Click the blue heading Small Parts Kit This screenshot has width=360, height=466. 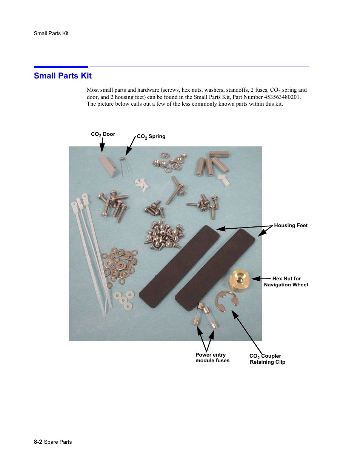tap(63, 76)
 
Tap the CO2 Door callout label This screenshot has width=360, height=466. tap(103, 134)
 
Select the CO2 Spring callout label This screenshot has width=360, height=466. tap(151, 137)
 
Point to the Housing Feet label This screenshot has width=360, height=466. tap(291, 226)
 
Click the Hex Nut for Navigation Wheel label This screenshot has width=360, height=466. tap(286, 282)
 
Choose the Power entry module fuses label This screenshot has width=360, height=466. tap(212, 358)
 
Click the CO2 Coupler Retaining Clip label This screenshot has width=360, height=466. tap(267, 359)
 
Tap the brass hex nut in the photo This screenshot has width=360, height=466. tap(240, 280)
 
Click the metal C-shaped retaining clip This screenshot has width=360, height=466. tap(226, 301)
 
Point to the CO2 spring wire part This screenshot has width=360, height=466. tap(123, 166)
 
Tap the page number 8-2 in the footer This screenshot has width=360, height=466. tap(38, 442)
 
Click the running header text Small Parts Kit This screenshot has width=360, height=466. tap(51, 33)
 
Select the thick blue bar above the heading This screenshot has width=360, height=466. tap(61, 67)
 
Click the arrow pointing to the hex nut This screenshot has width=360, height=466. tap(261, 279)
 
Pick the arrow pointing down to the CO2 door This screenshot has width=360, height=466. tap(102, 145)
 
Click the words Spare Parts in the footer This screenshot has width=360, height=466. tap(58, 442)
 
